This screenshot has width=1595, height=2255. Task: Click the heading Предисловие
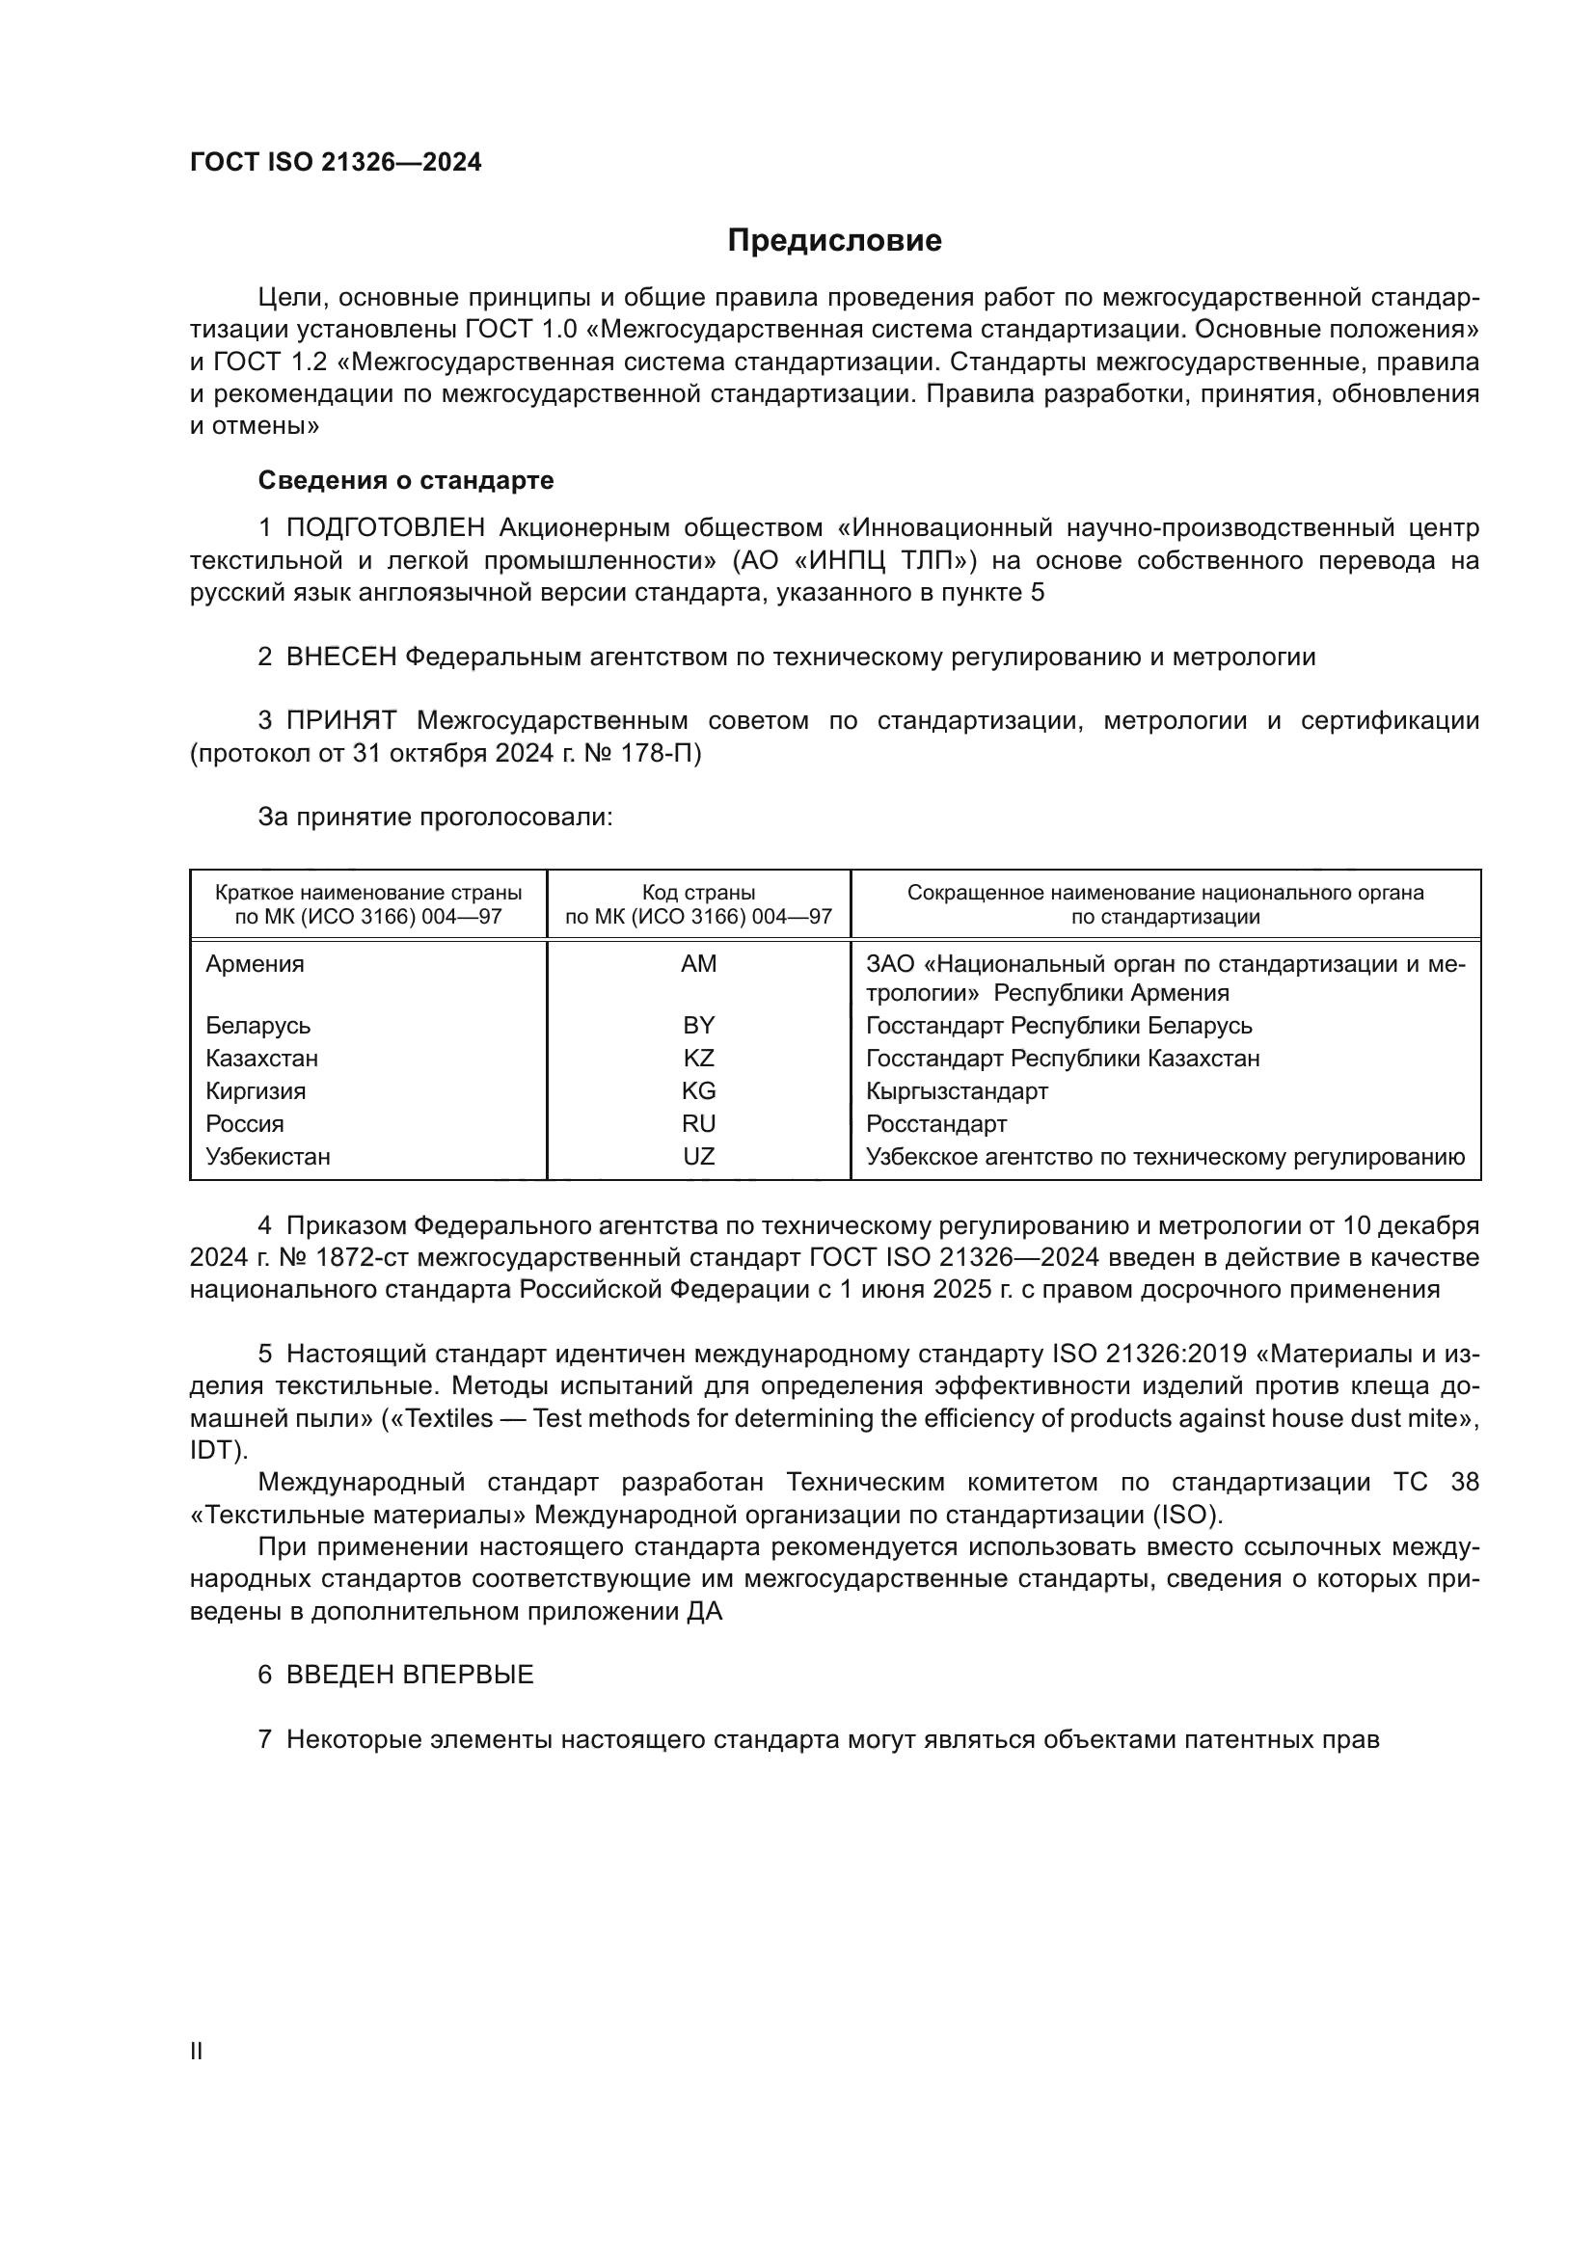834,241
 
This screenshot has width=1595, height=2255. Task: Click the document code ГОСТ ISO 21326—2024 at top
336,163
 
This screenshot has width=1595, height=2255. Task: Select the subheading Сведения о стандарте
406,480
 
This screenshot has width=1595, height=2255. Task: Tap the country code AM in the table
698,964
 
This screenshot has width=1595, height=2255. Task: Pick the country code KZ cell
698,1059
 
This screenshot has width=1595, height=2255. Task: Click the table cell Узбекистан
268,1157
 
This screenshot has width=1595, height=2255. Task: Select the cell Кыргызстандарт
957,1091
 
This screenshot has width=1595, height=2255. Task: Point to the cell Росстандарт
936,1123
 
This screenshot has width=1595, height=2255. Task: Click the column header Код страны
698,893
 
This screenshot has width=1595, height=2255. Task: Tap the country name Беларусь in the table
258,1026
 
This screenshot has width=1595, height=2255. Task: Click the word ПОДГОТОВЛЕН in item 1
385,528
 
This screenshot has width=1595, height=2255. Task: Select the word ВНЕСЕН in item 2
340,658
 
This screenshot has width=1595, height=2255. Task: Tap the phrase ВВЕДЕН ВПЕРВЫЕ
410,1676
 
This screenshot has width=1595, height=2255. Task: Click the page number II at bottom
197,2051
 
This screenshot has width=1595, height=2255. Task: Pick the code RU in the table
698,1123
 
